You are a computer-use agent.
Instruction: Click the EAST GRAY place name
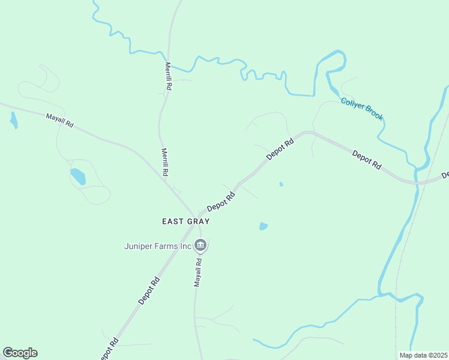pos(185,221)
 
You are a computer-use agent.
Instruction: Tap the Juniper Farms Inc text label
pos(157,245)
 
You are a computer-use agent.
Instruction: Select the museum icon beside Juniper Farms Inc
pos(200,245)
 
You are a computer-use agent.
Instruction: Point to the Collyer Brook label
pos(361,109)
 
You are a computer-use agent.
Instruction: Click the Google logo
pos(20,353)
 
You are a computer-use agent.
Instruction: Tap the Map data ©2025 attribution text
pos(424,355)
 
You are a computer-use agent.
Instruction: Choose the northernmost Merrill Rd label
pos(169,76)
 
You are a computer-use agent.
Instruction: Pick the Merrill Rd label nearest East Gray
pos(164,162)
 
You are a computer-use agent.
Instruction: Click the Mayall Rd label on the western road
pos(59,120)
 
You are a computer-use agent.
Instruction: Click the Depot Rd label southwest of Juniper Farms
pos(148,290)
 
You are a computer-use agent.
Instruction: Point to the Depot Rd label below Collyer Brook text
pos(366,160)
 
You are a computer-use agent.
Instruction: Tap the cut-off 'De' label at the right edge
pos(445,175)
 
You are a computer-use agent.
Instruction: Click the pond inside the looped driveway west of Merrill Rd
pos(78,176)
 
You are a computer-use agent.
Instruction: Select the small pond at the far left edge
pos(13,120)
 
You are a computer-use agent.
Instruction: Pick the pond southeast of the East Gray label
pos(263,226)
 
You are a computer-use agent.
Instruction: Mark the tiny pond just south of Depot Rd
pos(281,184)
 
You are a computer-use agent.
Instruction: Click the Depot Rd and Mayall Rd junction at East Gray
pos(198,217)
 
